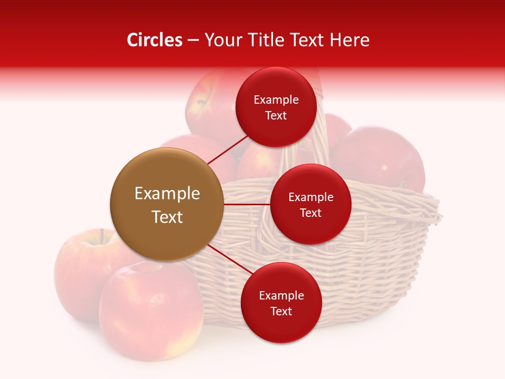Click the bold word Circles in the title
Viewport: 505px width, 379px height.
pos(154,40)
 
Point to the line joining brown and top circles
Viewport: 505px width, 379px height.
pos(227,149)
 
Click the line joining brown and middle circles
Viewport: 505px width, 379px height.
pos(247,204)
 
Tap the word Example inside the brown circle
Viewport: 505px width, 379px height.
pos(167,194)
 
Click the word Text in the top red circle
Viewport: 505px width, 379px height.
pos(276,116)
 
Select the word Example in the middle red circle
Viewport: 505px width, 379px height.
pos(310,197)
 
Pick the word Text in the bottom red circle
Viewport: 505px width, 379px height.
pos(281,312)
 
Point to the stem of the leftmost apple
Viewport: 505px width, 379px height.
pos(101,235)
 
